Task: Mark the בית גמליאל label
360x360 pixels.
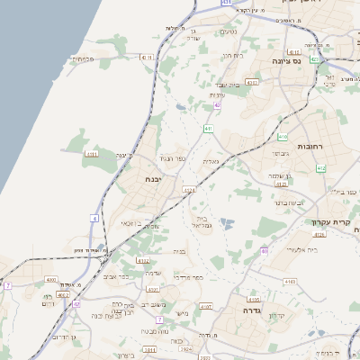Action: point(202,222)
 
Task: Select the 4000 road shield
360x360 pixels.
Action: point(49,280)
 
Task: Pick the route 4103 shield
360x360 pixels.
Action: point(252,82)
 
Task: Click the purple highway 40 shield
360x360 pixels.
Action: point(265,251)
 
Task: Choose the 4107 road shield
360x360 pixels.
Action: point(206,307)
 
